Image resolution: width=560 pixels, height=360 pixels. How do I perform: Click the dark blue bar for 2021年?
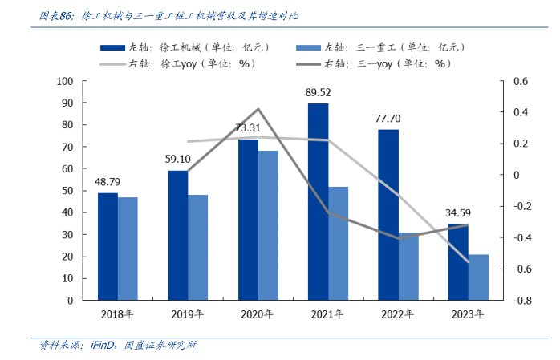coord(318,201)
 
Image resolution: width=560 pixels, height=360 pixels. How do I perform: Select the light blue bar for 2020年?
coord(268,225)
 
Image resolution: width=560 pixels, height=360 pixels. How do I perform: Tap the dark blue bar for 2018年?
coord(108,246)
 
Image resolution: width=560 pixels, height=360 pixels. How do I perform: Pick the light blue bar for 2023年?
coord(478,277)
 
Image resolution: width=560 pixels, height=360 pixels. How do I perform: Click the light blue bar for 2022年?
coord(408,266)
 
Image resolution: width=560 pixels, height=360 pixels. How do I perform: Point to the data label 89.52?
coord(318,93)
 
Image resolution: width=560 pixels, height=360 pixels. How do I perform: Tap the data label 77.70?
coord(388,119)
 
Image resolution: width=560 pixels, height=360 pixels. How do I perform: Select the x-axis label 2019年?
coord(187,314)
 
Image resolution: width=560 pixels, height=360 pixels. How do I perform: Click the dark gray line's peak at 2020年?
coord(258,109)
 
